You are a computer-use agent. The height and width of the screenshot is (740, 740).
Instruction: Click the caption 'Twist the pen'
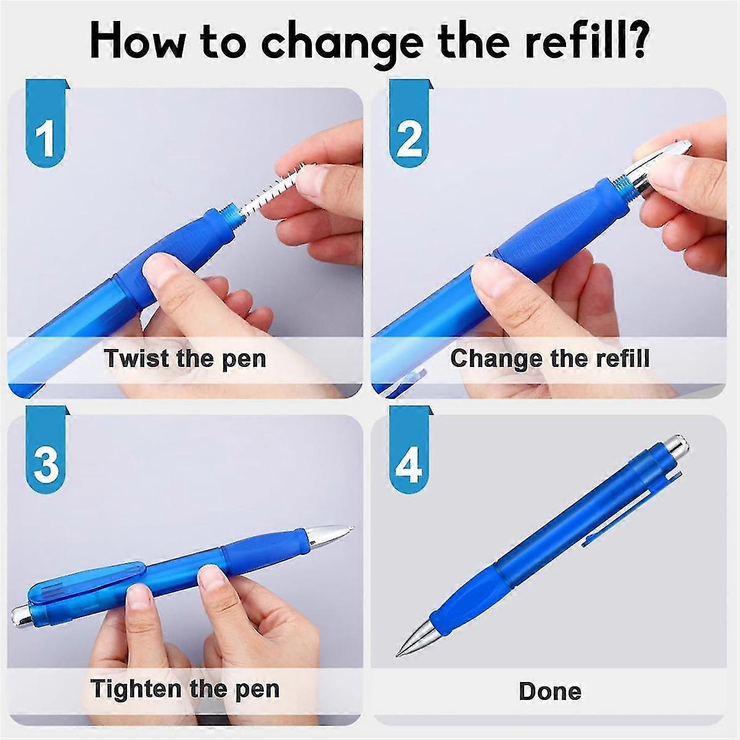click(x=184, y=358)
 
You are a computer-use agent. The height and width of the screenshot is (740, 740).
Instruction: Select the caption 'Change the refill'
click(x=549, y=358)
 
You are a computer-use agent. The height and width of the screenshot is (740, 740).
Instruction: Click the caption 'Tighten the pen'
click(x=184, y=688)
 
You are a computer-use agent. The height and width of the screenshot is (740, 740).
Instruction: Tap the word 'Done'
click(x=549, y=691)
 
